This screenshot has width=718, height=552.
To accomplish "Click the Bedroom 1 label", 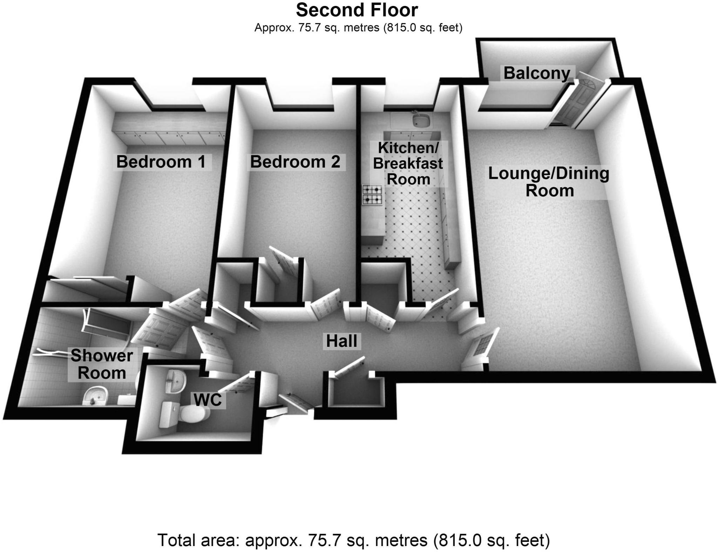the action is click(161, 162).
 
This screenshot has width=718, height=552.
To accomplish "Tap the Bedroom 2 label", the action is click(295, 162).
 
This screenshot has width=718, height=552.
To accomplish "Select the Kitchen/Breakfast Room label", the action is click(408, 163).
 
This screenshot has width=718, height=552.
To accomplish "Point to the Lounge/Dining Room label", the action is click(549, 182).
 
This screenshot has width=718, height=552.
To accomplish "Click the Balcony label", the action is click(537, 74).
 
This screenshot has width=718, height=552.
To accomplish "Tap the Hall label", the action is click(341, 341).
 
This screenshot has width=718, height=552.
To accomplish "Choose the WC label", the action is click(208, 399).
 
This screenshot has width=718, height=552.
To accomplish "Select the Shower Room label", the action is click(102, 364).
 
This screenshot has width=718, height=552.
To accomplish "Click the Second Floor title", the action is click(357, 10).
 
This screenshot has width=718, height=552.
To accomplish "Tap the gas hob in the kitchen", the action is click(372, 195).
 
